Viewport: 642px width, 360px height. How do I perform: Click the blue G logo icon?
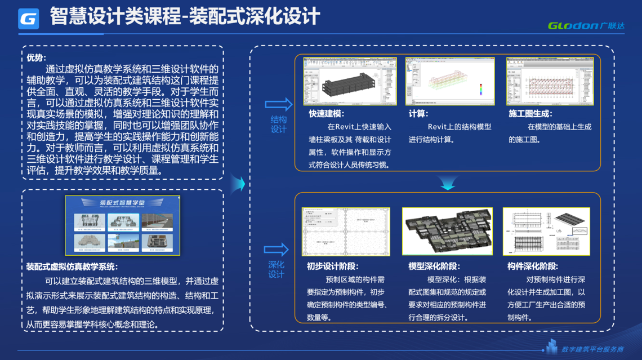(x=29, y=19)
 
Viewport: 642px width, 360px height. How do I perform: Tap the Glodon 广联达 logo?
(x=586, y=25)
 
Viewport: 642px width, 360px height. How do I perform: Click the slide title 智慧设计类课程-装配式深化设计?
(x=185, y=16)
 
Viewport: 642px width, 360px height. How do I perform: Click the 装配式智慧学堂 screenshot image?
(x=123, y=225)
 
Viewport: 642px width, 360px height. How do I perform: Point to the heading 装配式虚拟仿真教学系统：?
(x=72, y=266)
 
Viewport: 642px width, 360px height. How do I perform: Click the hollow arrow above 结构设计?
(x=278, y=104)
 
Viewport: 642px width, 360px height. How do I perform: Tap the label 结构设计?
(x=278, y=125)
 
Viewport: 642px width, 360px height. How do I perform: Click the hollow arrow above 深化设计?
(x=276, y=250)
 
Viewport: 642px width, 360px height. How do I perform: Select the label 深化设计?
(x=276, y=269)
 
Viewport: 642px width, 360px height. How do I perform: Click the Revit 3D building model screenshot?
(x=350, y=81)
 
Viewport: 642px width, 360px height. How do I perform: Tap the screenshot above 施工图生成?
(x=550, y=81)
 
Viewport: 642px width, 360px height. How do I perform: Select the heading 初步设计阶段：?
(x=332, y=266)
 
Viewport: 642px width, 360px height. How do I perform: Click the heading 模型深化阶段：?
(x=434, y=266)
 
